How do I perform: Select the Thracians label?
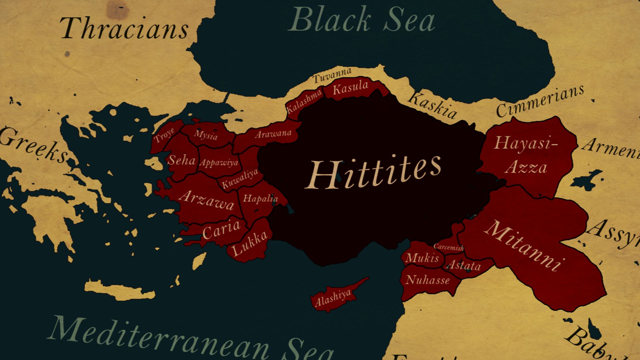tap(124, 29)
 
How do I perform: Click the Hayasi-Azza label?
tap(526, 155)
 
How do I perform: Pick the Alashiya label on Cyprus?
tap(333, 298)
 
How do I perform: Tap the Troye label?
tap(164, 135)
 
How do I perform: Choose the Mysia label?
tap(206, 135)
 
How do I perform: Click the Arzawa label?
tap(207, 200)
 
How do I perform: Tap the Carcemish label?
tap(448, 247)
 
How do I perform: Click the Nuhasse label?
tap(427, 280)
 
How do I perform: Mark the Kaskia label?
tap(433, 105)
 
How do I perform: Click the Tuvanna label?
tap(332, 75)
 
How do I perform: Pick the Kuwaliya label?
tap(240, 179)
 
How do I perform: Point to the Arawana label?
tap(273, 134)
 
